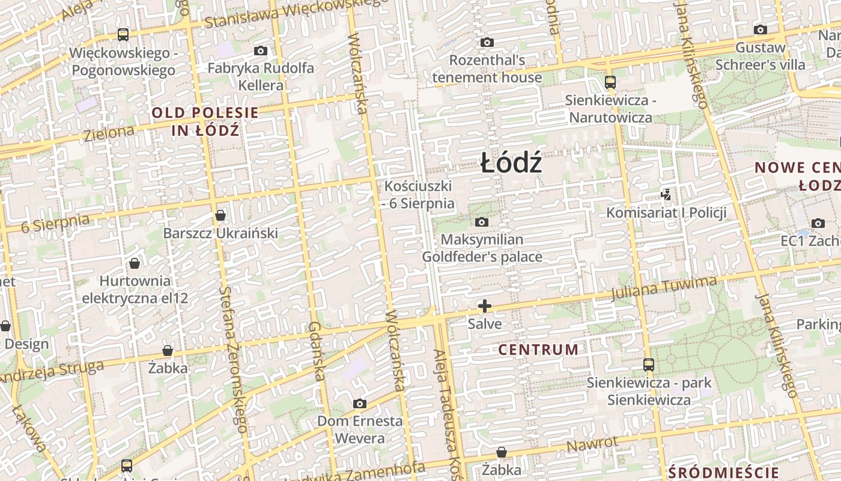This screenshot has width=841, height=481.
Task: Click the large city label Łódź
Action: coord(511,164)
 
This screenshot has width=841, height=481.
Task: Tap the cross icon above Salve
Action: coord(485,306)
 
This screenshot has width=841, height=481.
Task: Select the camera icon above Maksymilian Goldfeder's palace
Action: coord(481,222)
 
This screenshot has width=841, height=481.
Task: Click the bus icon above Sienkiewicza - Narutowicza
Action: coord(610,82)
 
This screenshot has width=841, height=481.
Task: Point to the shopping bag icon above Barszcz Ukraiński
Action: coord(220,215)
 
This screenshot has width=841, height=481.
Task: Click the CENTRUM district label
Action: coord(539,349)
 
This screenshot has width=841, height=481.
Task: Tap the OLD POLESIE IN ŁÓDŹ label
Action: coord(205,121)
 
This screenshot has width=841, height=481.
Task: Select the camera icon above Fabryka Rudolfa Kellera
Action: coord(260,51)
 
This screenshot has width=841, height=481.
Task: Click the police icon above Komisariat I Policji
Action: coord(666,194)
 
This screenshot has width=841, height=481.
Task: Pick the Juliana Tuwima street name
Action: coord(664,288)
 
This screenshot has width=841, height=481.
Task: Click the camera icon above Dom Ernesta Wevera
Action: coord(360,403)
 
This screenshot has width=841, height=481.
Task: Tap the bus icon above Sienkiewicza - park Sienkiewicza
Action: coord(648,364)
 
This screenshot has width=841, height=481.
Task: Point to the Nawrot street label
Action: coord(592,445)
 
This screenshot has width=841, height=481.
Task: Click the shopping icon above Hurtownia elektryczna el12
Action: coord(135,263)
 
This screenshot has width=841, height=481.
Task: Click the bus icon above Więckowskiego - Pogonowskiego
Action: coord(123,35)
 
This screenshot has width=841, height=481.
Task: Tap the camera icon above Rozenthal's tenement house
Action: coord(487,42)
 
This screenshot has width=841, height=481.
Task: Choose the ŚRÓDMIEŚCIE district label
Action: coord(723,472)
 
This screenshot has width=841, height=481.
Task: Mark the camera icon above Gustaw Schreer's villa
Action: coord(760,29)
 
